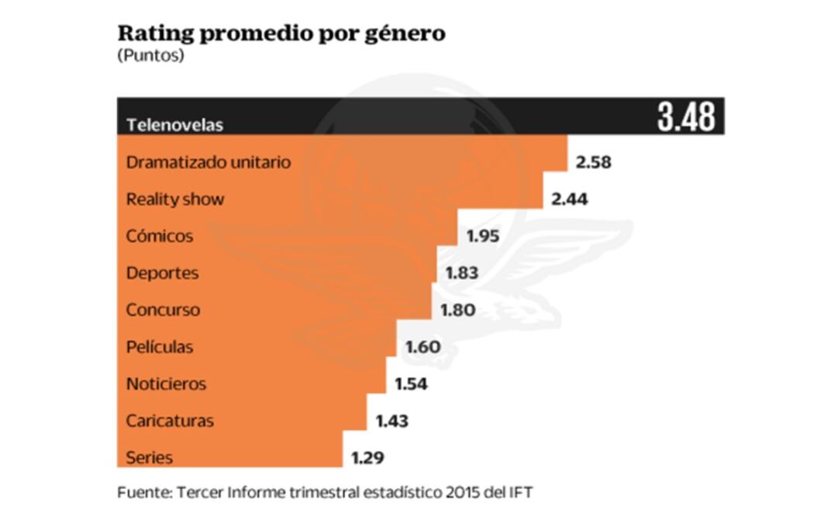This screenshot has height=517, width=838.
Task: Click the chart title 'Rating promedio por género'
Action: click(x=281, y=34)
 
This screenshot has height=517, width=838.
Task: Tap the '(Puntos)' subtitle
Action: click(x=150, y=56)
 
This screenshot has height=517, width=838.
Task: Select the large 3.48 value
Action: click(x=685, y=118)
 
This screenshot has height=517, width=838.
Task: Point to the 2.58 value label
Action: click(x=594, y=162)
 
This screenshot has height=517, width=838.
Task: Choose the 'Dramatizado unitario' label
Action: click(x=209, y=162)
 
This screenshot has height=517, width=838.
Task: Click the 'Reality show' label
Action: click(x=175, y=200)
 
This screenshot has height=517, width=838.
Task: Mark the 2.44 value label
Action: click(x=569, y=200)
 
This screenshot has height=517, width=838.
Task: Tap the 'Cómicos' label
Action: click(x=160, y=236)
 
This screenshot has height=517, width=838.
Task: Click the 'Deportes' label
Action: click(x=163, y=273)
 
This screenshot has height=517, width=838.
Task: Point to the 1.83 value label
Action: click(x=462, y=273)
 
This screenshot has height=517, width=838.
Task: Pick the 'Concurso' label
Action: click(x=163, y=310)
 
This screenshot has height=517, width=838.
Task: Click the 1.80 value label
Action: click(x=457, y=311)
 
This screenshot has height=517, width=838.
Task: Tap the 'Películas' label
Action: click(x=160, y=347)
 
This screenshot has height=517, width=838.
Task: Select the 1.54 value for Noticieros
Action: click(x=411, y=383)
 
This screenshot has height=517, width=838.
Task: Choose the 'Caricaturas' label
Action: click(x=170, y=421)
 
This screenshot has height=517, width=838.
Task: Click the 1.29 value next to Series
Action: click(x=367, y=458)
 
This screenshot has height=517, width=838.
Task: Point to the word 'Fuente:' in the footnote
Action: click(x=144, y=492)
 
